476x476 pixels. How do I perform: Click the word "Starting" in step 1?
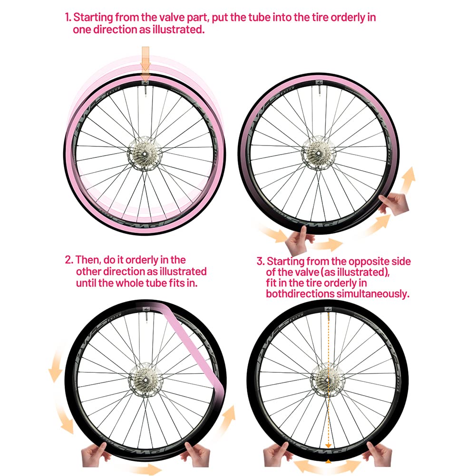click(x=93, y=17)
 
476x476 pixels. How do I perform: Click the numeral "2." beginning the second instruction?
click(x=69, y=260)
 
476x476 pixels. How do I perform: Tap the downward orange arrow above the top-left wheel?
click(x=146, y=59)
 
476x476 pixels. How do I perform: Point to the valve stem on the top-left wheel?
click(x=146, y=90)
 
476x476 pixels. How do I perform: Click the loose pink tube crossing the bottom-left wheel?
click(x=194, y=347)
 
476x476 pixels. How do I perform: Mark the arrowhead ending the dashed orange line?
click(x=328, y=446)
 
